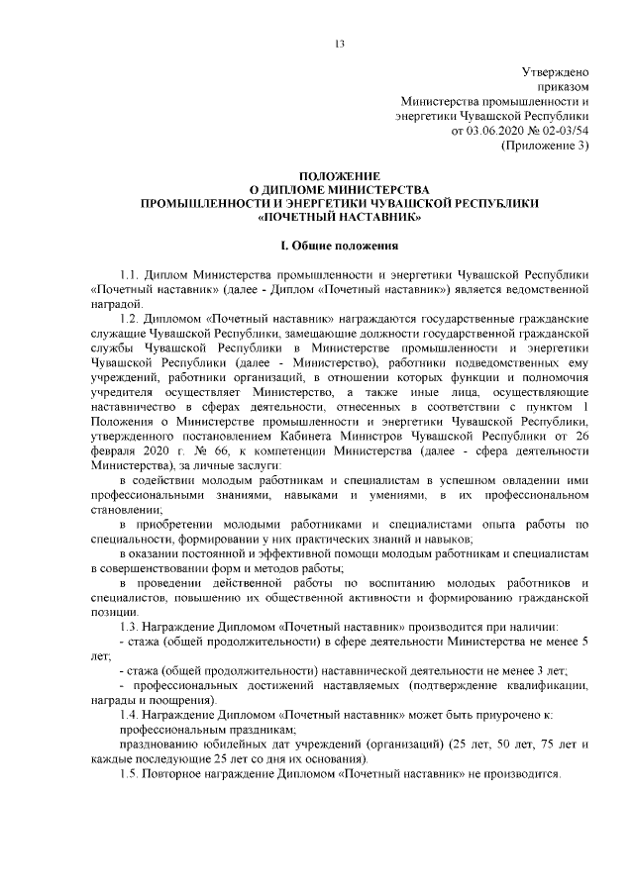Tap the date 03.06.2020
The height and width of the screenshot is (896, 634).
[x=493, y=130]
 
